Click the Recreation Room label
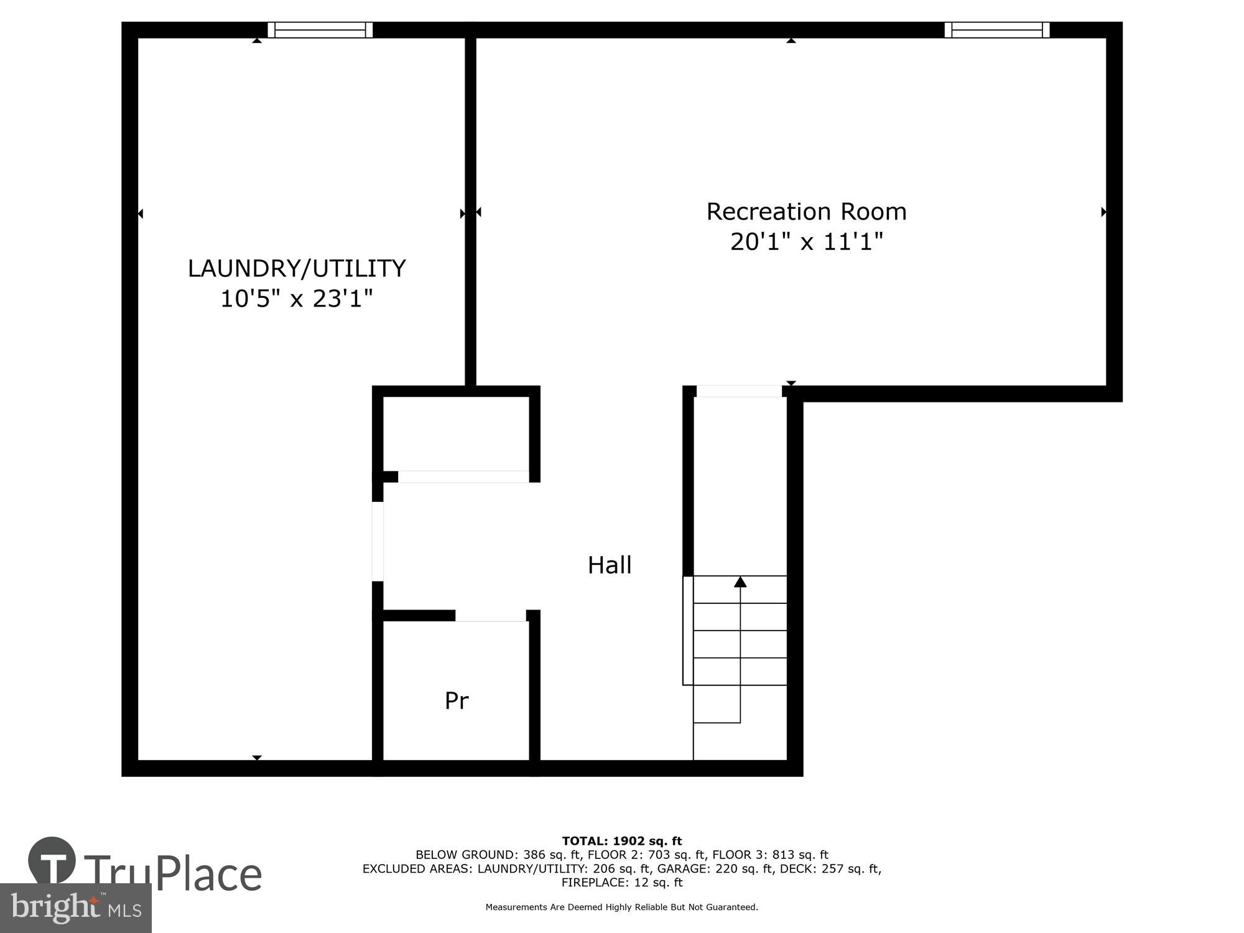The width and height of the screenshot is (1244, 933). pos(806,212)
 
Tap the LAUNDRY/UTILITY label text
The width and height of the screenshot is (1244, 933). pos(297,269)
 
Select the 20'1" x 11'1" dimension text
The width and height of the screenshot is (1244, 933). pos(806,242)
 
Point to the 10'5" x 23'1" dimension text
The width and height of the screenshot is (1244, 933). pos(297,299)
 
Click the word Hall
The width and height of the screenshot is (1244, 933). pos(610,565)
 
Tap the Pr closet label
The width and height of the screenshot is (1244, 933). pos(456,701)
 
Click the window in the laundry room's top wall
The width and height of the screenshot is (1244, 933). pos(320,30)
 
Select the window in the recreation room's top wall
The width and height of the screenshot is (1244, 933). pos(997,30)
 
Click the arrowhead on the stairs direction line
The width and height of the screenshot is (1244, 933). pos(740,582)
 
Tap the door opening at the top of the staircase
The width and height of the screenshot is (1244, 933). pos(739,391)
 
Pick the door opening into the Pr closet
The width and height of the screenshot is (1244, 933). pos(490,616)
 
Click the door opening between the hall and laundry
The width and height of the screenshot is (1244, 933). pos(378,541)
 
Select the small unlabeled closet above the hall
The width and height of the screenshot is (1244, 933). pos(456,434)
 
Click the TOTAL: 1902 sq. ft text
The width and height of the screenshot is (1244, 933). pos(622,842)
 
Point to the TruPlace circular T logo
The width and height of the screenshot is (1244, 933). pos(52,861)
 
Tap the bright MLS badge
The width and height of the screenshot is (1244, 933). pos(75,908)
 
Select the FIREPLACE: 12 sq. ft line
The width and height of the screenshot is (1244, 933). pos(622,883)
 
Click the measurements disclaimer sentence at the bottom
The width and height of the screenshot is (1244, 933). pos(622,907)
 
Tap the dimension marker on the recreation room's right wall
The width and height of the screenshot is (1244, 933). pos(1103,212)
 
